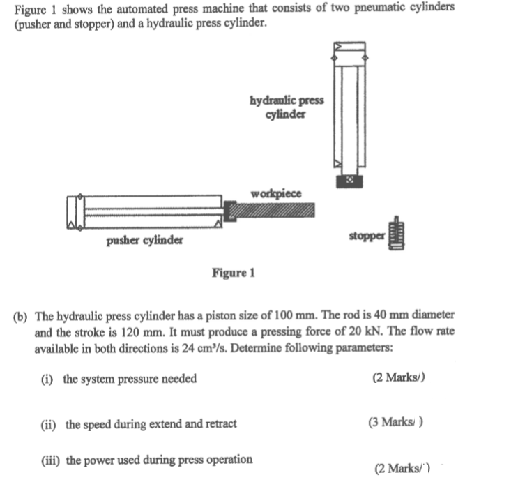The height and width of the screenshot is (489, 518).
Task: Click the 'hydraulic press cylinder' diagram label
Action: (286, 107)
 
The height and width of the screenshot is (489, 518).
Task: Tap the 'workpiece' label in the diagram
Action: (275, 193)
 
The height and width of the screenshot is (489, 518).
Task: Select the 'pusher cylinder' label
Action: (145, 241)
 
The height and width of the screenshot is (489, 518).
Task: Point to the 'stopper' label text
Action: (367, 236)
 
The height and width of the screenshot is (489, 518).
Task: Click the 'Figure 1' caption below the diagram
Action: (233, 273)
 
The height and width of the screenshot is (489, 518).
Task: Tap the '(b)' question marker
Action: (21, 315)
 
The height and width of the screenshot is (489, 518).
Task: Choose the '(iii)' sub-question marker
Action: (51, 459)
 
